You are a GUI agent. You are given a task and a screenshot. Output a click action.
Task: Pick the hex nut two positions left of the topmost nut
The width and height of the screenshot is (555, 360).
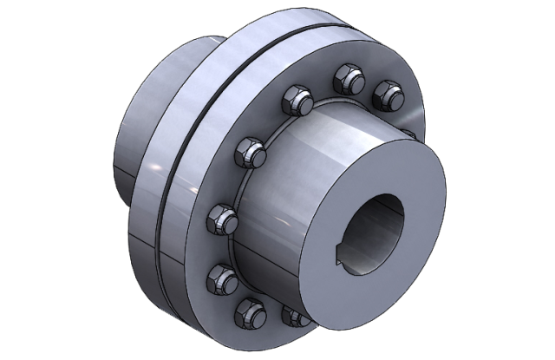point(255,154)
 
